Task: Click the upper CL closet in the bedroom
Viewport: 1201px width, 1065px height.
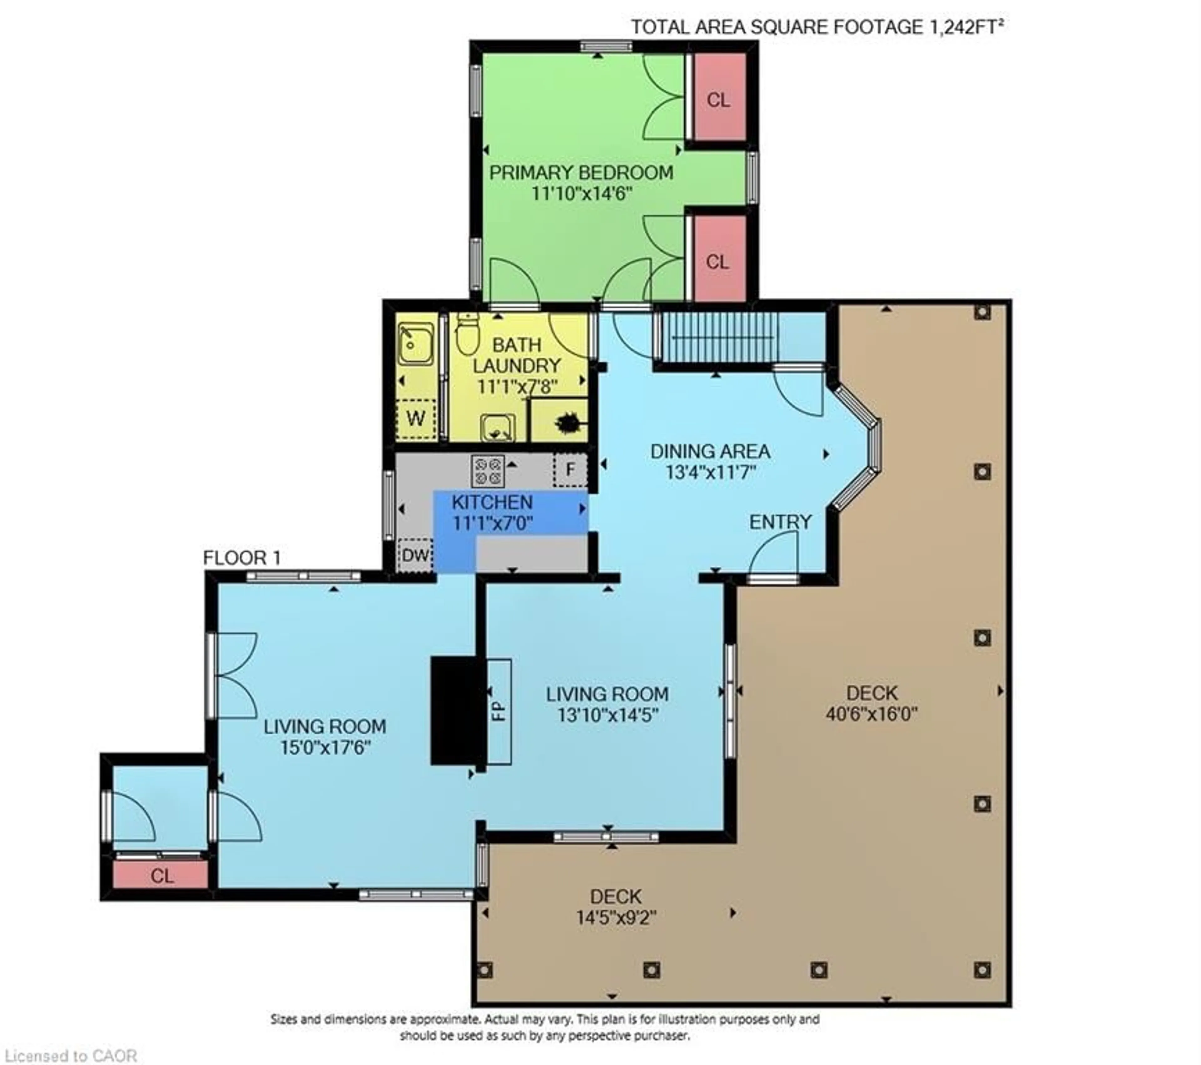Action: point(718,100)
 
